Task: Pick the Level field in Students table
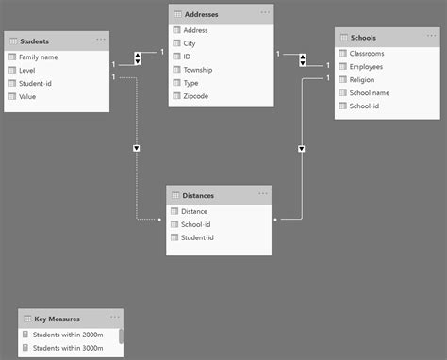[28, 71]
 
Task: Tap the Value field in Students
[28, 97]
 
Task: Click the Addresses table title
[205, 14]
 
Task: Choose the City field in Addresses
[191, 43]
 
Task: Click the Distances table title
[198, 196]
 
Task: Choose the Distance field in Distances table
[194, 211]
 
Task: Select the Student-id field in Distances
[198, 237]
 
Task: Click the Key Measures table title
[57, 319]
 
